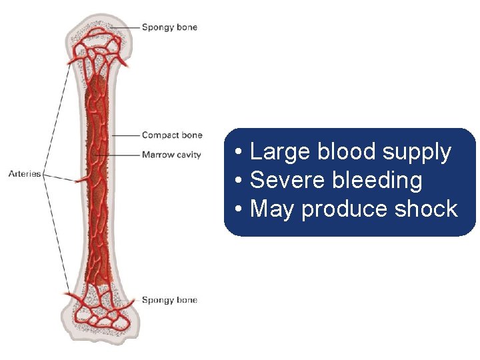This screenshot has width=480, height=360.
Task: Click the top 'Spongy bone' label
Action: click(169, 27)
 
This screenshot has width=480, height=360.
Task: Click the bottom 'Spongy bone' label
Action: click(169, 300)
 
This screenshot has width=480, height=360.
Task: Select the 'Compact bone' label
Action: click(171, 135)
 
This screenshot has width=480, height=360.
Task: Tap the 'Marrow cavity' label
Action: click(171, 155)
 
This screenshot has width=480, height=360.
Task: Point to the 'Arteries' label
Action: click(25, 174)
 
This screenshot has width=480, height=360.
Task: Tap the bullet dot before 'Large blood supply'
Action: click(239, 153)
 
